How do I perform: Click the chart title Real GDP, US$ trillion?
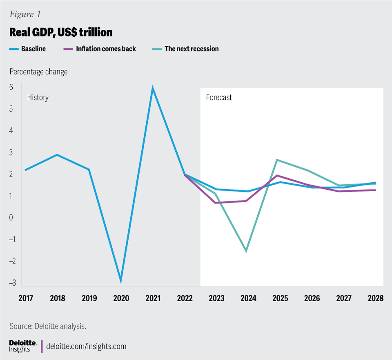[61, 32]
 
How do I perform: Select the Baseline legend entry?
[33, 49]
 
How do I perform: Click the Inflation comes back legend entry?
[106, 49]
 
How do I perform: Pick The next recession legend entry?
[192, 49]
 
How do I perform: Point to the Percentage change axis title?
[38, 72]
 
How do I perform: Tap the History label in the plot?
[38, 97]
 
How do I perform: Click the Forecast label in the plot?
[218, 97]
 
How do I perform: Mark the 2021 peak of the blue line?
[153, 88]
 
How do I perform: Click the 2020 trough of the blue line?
[121, 281]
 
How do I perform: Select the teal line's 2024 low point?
[246, 251]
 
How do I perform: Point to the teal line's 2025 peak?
[277, 160]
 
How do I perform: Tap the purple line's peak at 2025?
[277, 176]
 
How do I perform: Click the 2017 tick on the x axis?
[26, 298]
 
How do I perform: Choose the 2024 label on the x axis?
[248, 298]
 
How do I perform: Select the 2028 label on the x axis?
[375, 298]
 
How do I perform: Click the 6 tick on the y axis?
[11, 87]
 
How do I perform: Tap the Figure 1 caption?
[25, 15]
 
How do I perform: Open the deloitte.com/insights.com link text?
[87, 347]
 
